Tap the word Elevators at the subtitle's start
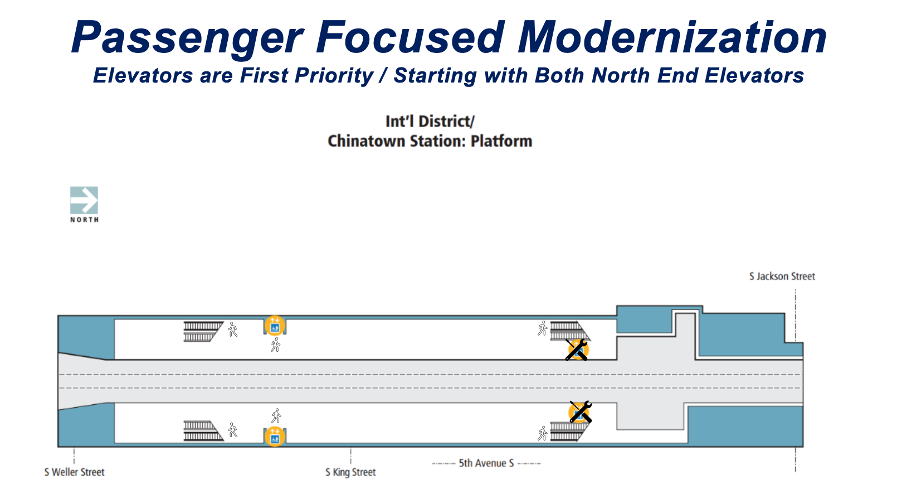(143, 75)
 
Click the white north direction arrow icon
(84, 200)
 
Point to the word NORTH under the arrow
(85, 220)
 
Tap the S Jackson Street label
(782, 277)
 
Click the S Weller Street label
(75, 472)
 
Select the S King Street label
(351, 472)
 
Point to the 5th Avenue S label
(486, 463)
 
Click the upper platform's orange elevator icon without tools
(275, 325)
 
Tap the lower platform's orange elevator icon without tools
(275, 436)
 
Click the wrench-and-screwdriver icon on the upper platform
(577, 350)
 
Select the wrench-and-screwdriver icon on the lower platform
(580, 412)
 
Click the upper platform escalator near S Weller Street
(203, 332)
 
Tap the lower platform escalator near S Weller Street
(203, 430)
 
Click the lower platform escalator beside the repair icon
(569, 432)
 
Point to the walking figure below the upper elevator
(275, 345)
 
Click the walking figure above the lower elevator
(276, 416)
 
